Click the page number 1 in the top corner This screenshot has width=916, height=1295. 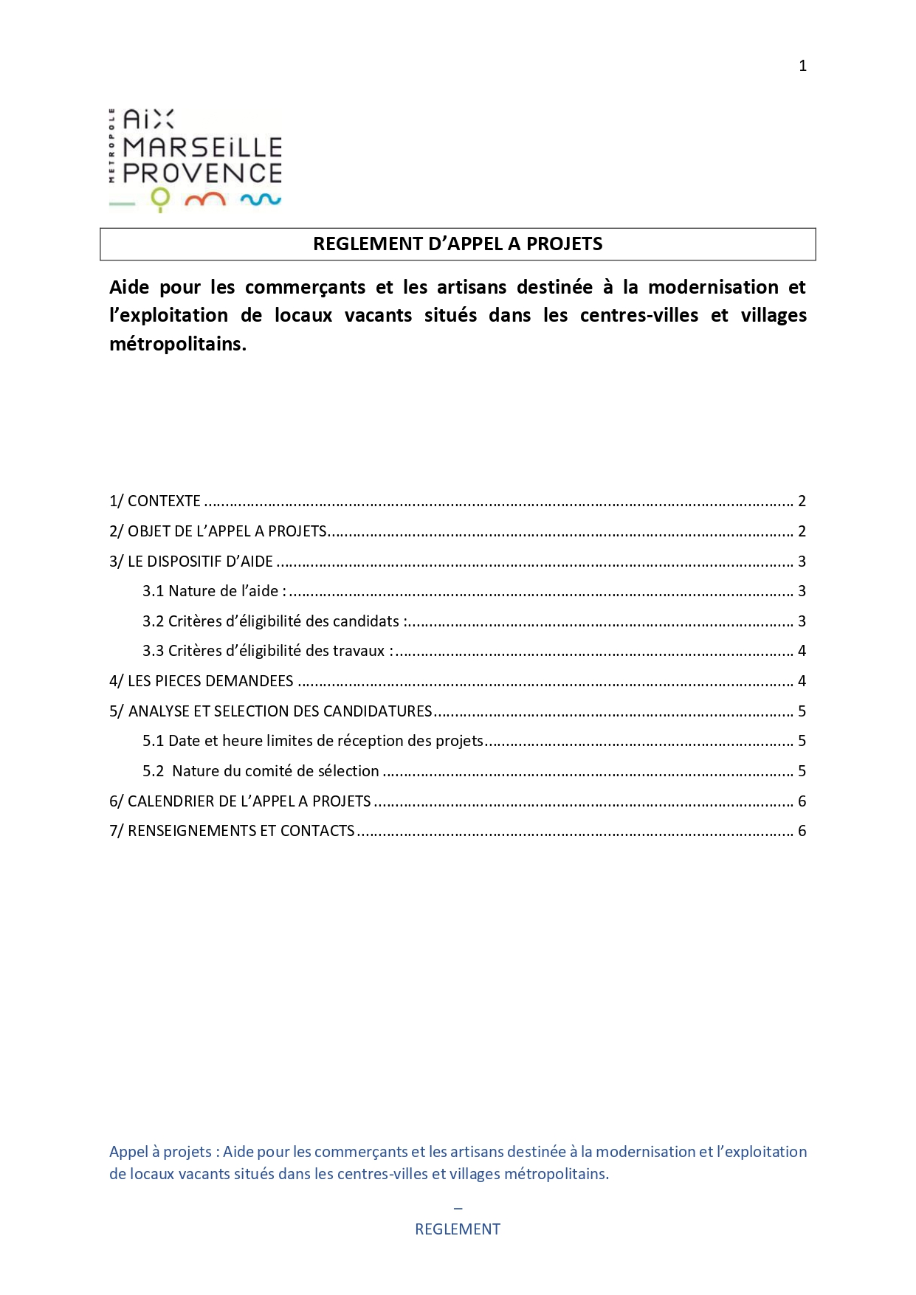point(802,66)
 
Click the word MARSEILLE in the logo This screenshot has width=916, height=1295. point(202,148)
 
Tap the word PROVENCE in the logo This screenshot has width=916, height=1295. point(202,173)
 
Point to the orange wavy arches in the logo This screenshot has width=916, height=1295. point(205,199)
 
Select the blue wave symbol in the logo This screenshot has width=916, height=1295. point(261,199)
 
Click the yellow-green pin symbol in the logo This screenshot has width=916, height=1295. point(160,199)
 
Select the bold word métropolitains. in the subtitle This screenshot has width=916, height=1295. point(178,344)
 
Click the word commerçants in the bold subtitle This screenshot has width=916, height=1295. point(305,287)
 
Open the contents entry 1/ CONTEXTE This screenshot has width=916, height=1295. point(155,501)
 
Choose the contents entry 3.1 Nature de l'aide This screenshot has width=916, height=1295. point(214,591)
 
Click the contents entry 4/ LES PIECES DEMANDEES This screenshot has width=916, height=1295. point(202,681)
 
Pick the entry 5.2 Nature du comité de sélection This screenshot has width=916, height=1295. point(261,771)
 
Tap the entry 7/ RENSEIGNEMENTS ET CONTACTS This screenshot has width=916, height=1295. point(232,831)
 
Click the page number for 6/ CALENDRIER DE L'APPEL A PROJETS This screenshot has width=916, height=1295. point(802,801)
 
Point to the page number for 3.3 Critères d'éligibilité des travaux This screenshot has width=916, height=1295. point(802,651)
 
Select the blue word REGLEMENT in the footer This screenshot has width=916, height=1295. point(458,1229)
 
